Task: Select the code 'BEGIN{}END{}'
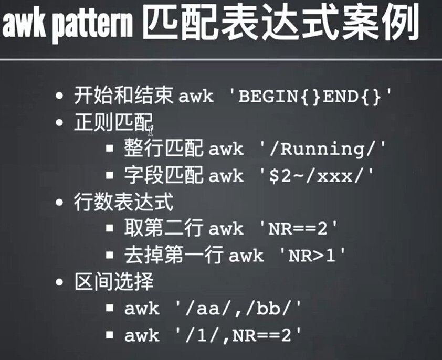click(x=311, y=97)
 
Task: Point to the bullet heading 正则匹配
click(x=113, y=122)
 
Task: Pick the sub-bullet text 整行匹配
click(x=163, y=147)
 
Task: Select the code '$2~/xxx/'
click(x=317, y=175)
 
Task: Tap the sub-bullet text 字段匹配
click(x=163, y=175)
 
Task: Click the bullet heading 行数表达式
click(x=123, y=202)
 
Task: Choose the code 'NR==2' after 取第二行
click(x=298, y=228)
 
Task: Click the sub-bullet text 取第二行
click(x=163, y=228)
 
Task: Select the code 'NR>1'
click(x=312, y=256)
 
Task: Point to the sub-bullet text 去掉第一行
click(x=174, y=255)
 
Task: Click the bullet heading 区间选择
click(x=114, y=282)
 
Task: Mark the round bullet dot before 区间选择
click(x=59, y=282)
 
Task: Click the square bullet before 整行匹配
click(x=110, y=149)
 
